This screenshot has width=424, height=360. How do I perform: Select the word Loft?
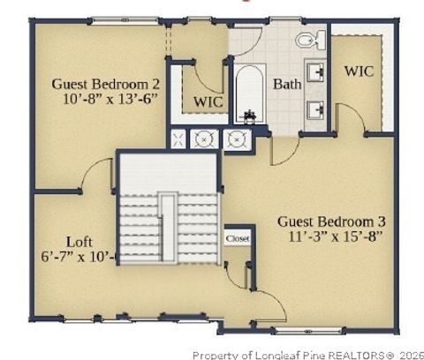[80, 240]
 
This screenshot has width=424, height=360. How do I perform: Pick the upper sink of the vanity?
[316, 70]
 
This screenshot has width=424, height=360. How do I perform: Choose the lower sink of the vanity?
[316, 109]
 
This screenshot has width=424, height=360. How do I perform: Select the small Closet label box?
[237, 238]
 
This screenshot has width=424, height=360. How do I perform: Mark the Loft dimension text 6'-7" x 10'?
[80, 257]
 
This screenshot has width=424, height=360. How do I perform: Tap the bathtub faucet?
[250, 116]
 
